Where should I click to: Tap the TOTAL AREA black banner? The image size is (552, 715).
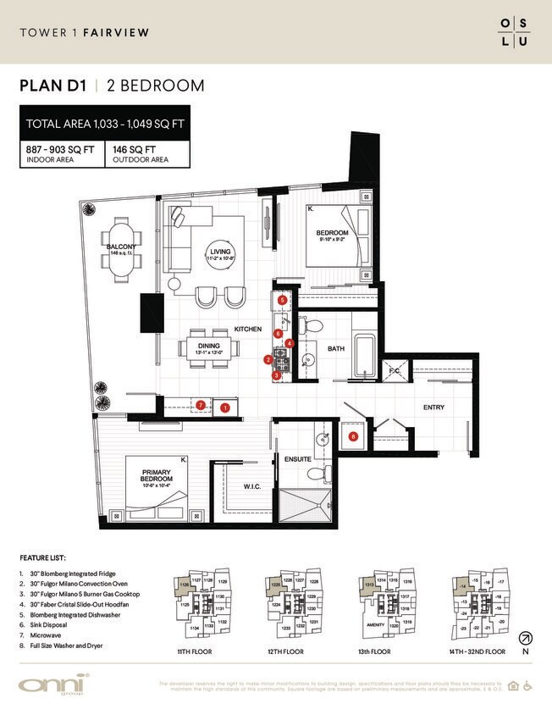[x=105, y=124]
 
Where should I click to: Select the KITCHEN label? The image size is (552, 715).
[x=249, y=329]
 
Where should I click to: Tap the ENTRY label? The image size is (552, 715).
[x=433, y=407]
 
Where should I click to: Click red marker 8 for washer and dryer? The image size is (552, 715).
[x=353, y=437]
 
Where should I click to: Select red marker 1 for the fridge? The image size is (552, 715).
[x=225, y=407]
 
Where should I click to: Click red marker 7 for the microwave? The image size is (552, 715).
[x=200, y=406]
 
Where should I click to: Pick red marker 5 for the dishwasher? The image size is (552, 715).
[x=282, y=300]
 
